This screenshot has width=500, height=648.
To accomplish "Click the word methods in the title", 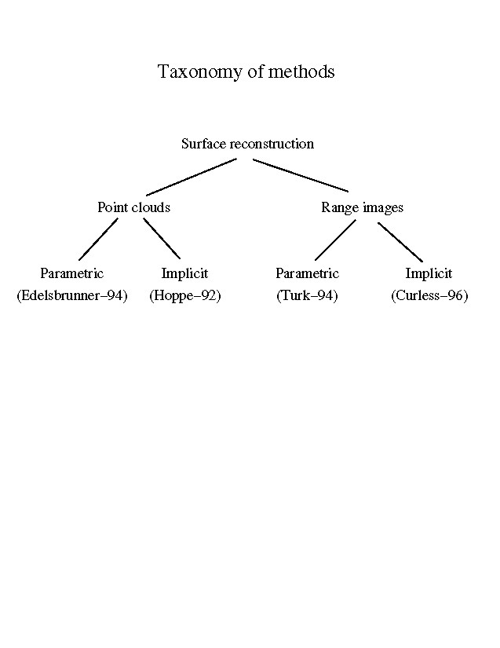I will pyautogui.click(x=302, y=72).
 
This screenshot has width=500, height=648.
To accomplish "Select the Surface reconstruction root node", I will pyautogui.click(x=247, y=144).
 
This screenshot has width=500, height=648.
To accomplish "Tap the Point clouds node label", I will pyautogui.click(x=133, y=207).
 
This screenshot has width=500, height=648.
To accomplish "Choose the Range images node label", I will pyautogui.click(x=362, y=207).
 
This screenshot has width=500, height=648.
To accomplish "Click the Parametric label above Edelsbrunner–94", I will pyautogui.click(x=71, y=273).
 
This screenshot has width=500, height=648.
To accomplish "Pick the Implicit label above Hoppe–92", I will pyautogui.click(x=184, y=273).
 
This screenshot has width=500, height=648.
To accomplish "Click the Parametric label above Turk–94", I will pyautogui.click(x=307, y=273).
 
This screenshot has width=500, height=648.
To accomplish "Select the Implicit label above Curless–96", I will pyautogui.click(x=429, y=273).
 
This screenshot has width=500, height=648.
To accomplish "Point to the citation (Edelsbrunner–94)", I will pyautogui.click(x=71, y=297).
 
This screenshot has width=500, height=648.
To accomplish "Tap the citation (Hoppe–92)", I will pyautogui.click(x=184, y=297).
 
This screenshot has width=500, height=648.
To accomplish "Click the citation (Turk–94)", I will pyautogui.click(x=307, y=297).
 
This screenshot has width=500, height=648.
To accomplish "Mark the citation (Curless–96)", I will pyautogui.click(x=429, y=297).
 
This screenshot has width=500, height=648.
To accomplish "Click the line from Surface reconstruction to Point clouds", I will pyautogui.click(x=191, y=177).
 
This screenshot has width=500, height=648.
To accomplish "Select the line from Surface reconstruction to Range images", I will pyautogui.click(x=301, y=175).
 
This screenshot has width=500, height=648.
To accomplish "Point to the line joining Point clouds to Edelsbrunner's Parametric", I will pyautogui.click(x=98, y=240).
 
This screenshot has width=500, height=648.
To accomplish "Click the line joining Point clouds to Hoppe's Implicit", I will pyautogui.click(x=162, y=239).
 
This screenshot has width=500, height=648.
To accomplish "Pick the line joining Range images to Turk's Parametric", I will pyautogui.click(x=335, y=240).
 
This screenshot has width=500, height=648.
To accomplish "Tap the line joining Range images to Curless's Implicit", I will pyautogui.click(x=400, y=242).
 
